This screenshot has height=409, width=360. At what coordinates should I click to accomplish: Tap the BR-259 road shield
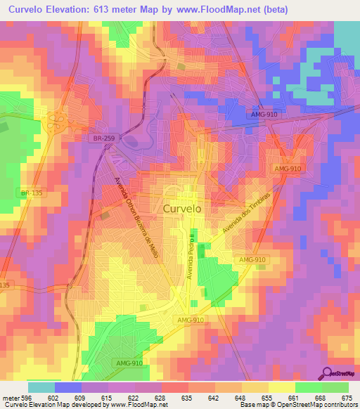103,140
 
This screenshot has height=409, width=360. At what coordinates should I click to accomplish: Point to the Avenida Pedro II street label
190,254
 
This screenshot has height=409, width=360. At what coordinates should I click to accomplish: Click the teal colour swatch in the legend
41,387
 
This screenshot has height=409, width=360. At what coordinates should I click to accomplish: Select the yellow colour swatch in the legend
281,387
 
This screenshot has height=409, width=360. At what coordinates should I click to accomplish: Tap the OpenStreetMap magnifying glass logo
328,374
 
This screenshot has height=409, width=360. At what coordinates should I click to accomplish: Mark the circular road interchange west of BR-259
54,124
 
